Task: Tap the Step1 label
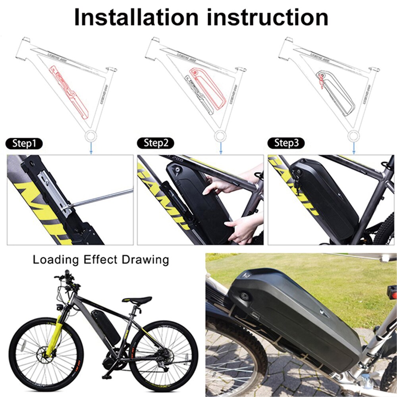[24, 143]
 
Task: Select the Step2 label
[156, 143]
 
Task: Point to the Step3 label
[287, 143]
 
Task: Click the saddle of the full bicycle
[138, 301]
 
